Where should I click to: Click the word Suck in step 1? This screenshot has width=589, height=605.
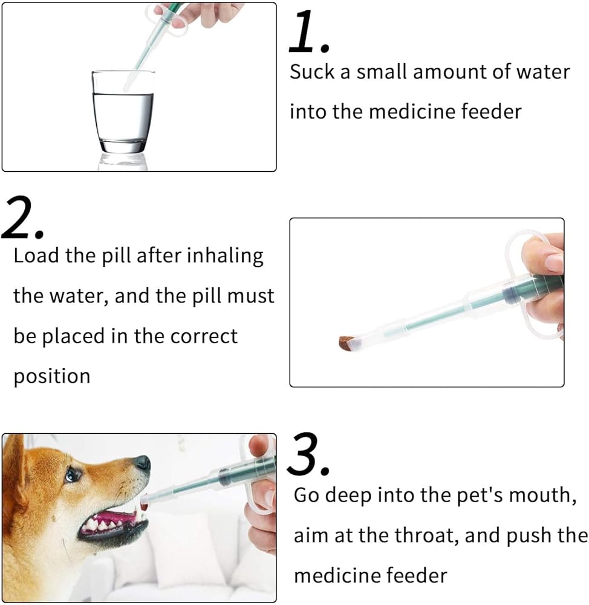[312, 72]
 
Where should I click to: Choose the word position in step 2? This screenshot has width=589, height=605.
[52, 376]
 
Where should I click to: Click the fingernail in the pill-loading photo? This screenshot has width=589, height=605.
[555, 262]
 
